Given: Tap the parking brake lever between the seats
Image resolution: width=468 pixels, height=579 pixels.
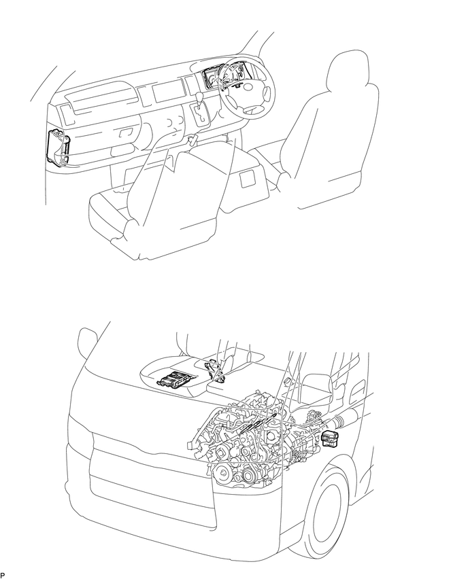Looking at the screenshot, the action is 193,141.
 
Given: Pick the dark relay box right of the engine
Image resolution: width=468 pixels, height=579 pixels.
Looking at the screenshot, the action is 331,438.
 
